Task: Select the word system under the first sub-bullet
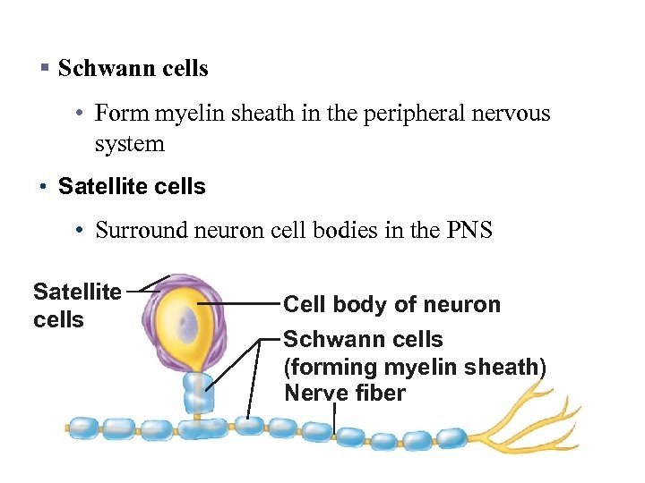[x=130, y=143]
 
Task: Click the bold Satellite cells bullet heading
[x=132, y=187]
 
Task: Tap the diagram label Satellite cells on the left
[x=77, y=305]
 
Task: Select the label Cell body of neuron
[x=391, y=304]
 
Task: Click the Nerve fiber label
[x=344, y=393]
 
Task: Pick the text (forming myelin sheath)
[x=414, y=367]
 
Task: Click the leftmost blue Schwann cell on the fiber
[x=84, y=428]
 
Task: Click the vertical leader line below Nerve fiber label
[x=333, y=419]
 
